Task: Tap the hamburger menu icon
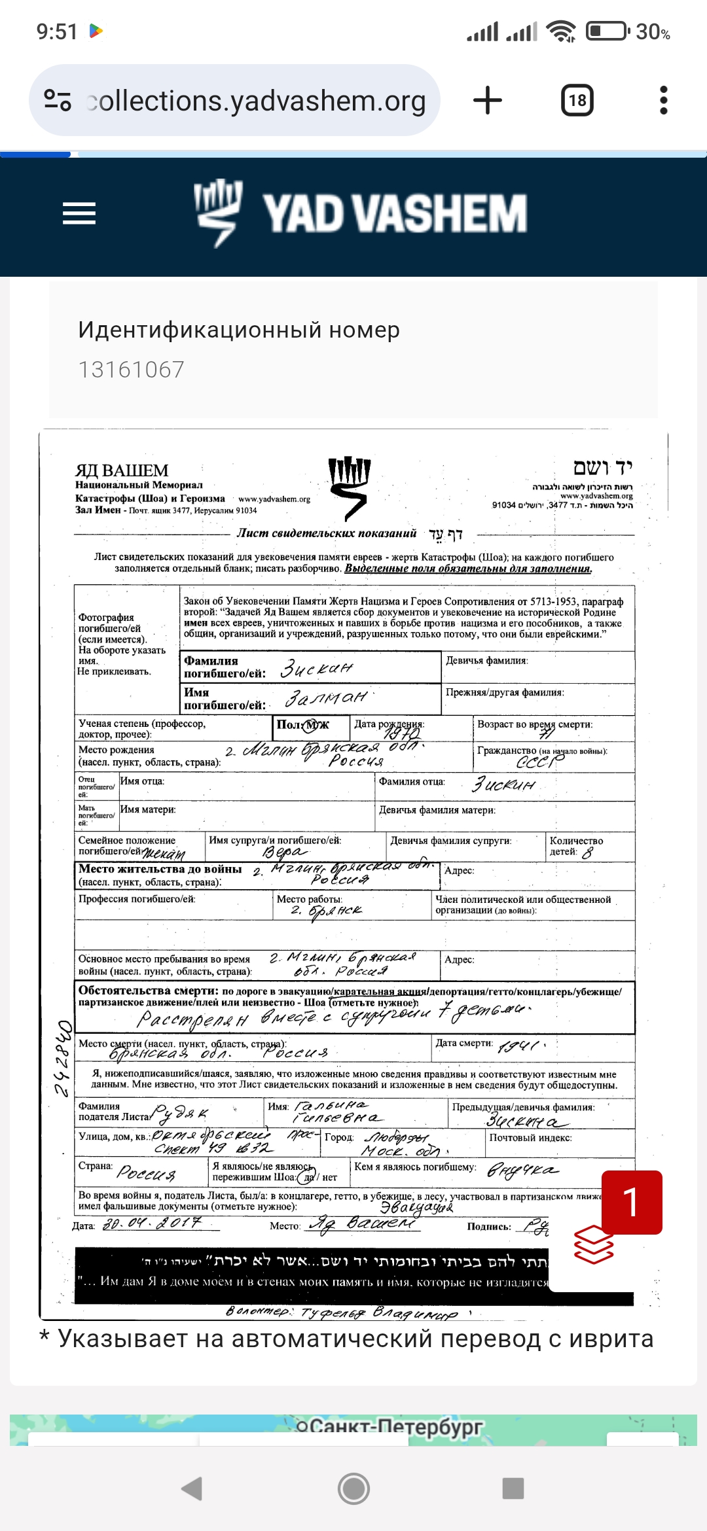click(79, 213)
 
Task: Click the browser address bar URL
click(255, 101)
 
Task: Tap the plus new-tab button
click(488, 101)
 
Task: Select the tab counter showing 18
click(577, 101)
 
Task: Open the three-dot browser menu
click(663, 101)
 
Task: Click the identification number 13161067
click(132, 370)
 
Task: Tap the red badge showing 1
click(631, 1202)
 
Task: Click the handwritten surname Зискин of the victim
click(316, 668)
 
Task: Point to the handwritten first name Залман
click(325, 698)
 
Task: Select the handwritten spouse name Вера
click(284, 852)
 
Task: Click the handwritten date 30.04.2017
click(152, 1223)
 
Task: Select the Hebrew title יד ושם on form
click(602, 467)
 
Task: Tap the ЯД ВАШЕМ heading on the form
click(122, 470)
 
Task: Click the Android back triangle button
click(191, 1488)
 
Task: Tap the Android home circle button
click(353, 1488)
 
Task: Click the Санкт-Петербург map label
click(390, 1426)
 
